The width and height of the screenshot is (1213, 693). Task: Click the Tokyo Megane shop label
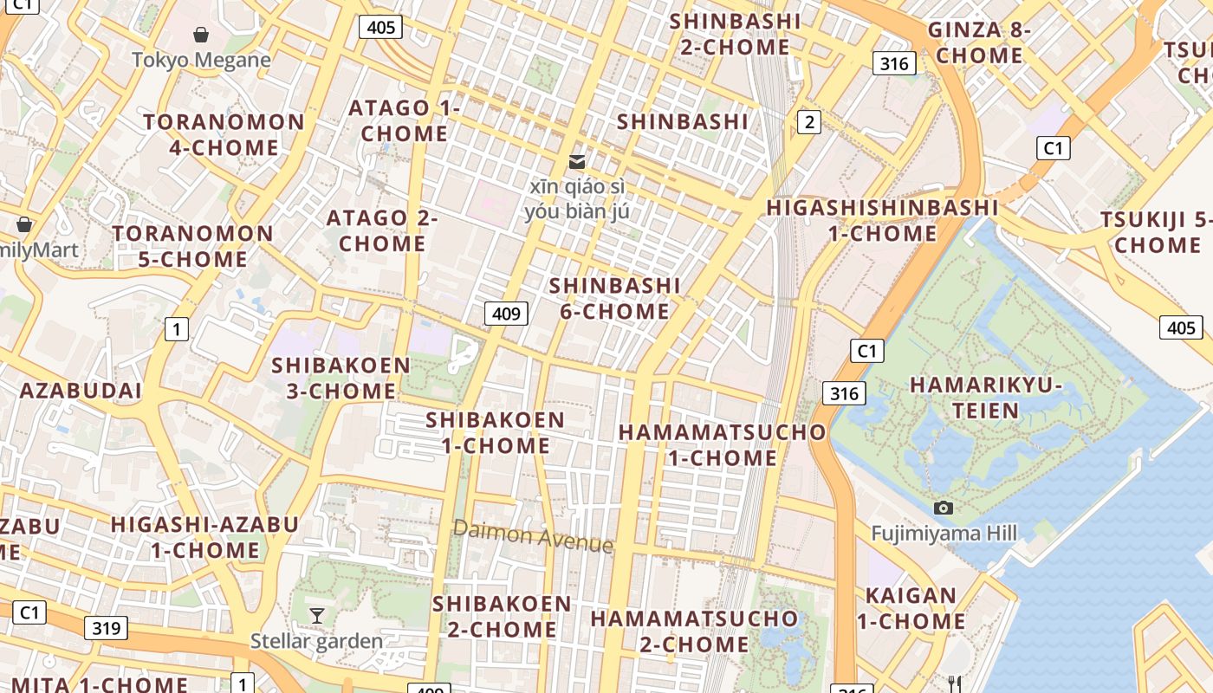[x=201, y=60]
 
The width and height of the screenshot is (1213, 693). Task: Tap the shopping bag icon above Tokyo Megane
[x=201, y=35]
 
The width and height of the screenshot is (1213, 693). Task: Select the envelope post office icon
[x=576, y=162]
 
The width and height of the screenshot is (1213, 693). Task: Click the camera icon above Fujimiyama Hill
[x=944, y=508]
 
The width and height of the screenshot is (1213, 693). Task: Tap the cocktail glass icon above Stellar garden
[x=317, y=615]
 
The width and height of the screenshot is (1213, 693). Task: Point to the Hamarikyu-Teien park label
[x=986, y=397]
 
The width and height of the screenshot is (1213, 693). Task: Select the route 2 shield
[x=808, y=122]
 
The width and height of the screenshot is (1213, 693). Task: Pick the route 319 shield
[x=106, y=628]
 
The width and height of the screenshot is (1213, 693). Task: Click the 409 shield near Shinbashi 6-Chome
[x=506, y=313]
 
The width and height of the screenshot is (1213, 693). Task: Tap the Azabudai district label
[x=81, y=391]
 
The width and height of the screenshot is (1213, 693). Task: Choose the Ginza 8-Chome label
[x=979, y=42]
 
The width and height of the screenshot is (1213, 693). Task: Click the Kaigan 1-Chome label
[x=911, y=608]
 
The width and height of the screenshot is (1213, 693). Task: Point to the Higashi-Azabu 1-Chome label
[x=204, y=537]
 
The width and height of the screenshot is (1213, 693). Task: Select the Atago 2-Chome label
[x=382, y=230]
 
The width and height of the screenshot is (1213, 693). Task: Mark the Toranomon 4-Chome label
[x=224, y=134]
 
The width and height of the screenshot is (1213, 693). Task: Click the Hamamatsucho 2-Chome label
[x=694, y=631]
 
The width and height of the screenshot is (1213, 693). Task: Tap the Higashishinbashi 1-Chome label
[x=882, y=220]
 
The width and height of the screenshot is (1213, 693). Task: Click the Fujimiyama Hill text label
[x=944, y=533]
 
